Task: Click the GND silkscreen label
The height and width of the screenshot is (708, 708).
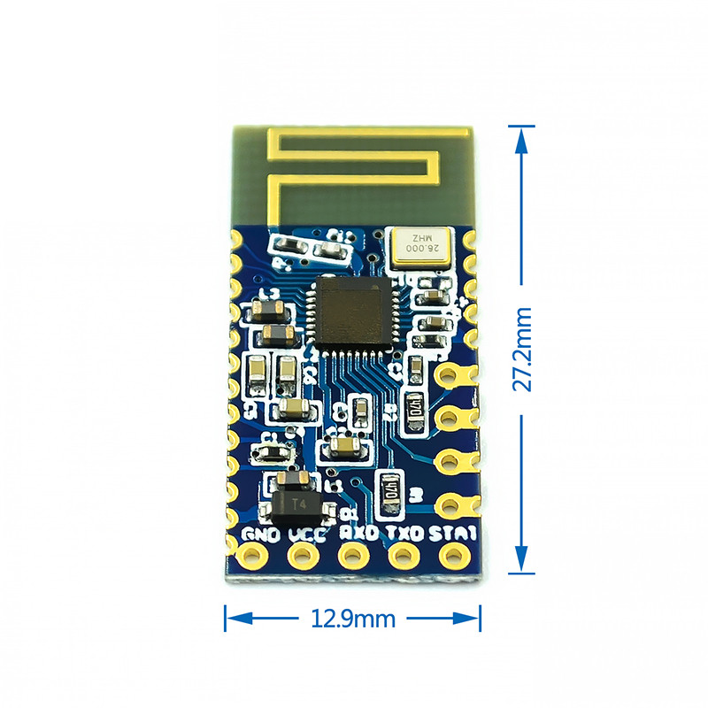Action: [x=262, y=535]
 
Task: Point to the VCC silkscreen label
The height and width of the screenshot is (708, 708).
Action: [x=304, y=535]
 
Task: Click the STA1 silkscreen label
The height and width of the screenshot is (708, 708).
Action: [x=454, y=535]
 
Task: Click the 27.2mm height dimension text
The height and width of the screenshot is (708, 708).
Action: [x=523, y=349]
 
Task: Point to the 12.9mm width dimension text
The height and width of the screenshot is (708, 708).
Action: [x=352, y=619]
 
